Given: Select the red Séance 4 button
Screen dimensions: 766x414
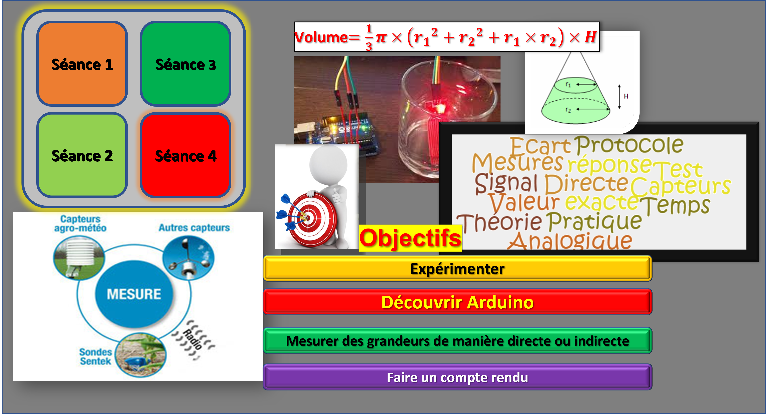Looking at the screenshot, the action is pyautogui.click(x=186, y=155).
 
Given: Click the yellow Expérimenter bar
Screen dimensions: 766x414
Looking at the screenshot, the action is pyautogui.click(x=457, y=268).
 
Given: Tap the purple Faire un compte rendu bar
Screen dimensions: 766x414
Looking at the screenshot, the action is pyautogui.click(x=457, y=377).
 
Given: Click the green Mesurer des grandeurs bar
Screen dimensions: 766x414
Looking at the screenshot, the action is pyautogui.click(x=457, y=341).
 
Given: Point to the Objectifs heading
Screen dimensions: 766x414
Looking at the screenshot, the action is pyautogui.click(x=410, y=238).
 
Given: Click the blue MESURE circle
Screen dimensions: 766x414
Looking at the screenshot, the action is pyautogui.click(x=134, y=294).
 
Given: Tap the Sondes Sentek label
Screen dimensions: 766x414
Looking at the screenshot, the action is pyautogui.click(x=95, y=357).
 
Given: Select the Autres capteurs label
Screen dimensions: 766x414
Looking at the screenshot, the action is pyautogui.click(x=194, y=228).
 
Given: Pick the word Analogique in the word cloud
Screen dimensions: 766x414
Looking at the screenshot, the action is pyautogui.click(x=570, y=241).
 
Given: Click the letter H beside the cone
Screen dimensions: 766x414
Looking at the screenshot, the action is pyautogui.click(x=626, y=96).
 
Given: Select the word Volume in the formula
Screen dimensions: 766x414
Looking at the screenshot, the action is pyautogui.click(x=321, y=37).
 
